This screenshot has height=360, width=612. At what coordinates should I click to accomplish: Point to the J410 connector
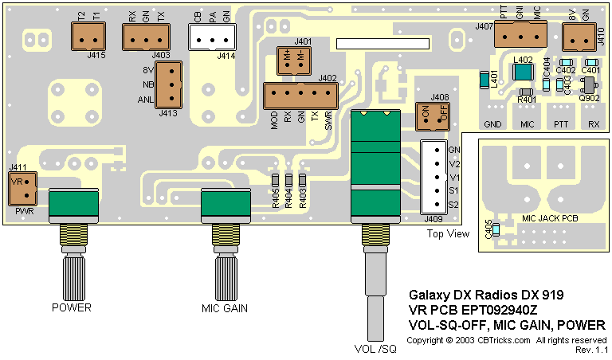tap(579, 37)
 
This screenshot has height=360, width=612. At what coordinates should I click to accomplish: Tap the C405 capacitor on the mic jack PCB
tap(496, 229)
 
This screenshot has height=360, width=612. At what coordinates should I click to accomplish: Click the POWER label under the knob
tap(72, 307)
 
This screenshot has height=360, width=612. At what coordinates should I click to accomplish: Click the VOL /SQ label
tap(375, 349)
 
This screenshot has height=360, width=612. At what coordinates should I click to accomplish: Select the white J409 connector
tap(433, 175)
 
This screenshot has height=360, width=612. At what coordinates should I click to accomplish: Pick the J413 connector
tap(169, 84)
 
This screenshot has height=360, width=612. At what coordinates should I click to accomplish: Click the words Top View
tap(447, 234)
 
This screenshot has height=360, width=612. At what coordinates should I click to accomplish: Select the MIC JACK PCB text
tap(550, 217)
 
